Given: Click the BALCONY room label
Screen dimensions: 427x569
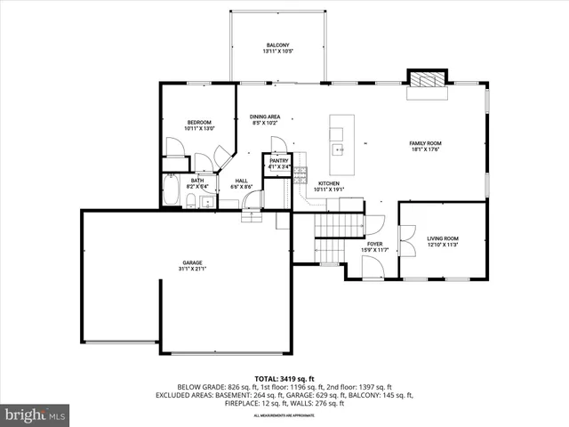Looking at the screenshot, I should pyautogui.click(x=277, y=45).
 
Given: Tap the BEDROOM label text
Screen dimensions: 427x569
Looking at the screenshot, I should pyautogui.click(x=199, y=122).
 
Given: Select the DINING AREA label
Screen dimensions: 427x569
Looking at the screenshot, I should pyautogui.click(x=265, y=117).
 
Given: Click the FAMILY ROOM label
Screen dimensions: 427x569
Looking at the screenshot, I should pyautogui.click(x=425, y=143).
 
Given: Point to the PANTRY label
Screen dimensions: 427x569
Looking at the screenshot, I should pyautogui.click(x=279, y=160).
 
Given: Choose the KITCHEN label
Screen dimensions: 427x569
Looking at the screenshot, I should pyautogui.click(x=329, y=183).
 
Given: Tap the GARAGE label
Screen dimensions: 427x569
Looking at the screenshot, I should pyautogui.click(x=193, y=262).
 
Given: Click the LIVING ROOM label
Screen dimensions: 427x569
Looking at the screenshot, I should pyautogui.click(x=442, y=238).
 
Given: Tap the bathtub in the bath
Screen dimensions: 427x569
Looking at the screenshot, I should pyautogui.click(x=171, y=191).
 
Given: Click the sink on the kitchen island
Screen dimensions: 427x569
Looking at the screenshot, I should pyautogui.click(x=338, y=149).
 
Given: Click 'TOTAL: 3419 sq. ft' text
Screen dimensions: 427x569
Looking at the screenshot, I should pyautogui.click(x=284, y=379).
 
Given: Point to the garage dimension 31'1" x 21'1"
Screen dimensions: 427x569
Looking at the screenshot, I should pyautogui.click(x=193, y=270).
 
